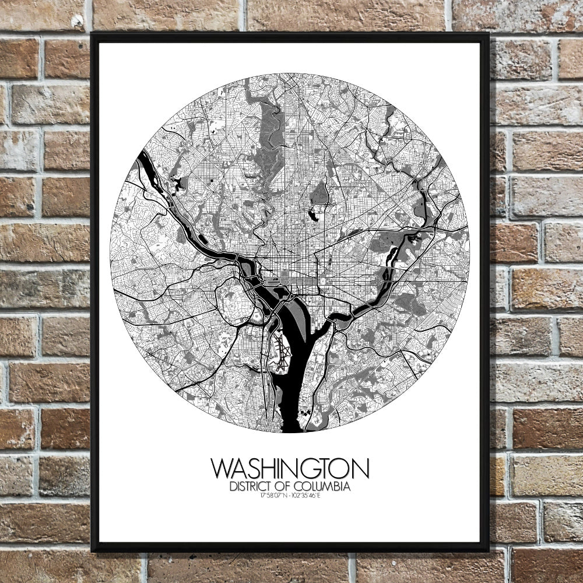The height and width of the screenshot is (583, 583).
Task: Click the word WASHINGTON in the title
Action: click(x=290, y=469)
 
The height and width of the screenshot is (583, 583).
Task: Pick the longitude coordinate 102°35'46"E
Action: click(x=309, y=496)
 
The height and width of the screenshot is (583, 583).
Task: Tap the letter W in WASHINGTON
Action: click(x=222, y=469)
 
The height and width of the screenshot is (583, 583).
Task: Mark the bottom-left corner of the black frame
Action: click(x=92, y=550)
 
